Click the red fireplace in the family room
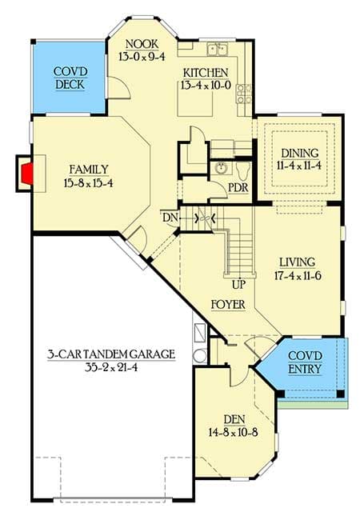point(26,171)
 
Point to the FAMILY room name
point(87,169)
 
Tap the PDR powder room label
point(238,187)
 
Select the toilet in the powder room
point(243,169)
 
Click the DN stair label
point(168,218)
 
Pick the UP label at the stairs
point(238,283)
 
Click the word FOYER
point(228,304)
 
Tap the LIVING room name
point(296,262)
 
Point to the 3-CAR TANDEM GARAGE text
point(110,353)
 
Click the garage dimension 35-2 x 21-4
point(110,367)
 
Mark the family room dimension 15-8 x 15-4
point(87,183)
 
